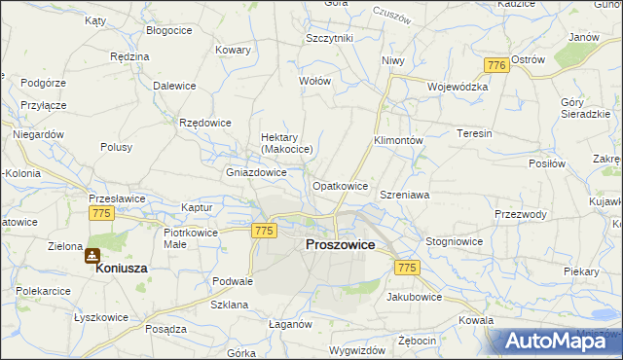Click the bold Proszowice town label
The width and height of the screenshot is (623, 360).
[340, 245]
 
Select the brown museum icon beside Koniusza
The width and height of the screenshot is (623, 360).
[92, 256]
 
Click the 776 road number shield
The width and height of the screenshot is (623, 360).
[496, 64]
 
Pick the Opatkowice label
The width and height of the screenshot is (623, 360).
[340, 185]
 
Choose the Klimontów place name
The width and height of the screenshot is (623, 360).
[398, 140]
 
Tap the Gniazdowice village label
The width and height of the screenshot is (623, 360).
[256, 172]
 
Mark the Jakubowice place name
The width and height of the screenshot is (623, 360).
[415, 296]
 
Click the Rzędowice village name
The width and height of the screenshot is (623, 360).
[205, 123]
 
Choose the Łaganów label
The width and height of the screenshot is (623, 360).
[289, 324]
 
